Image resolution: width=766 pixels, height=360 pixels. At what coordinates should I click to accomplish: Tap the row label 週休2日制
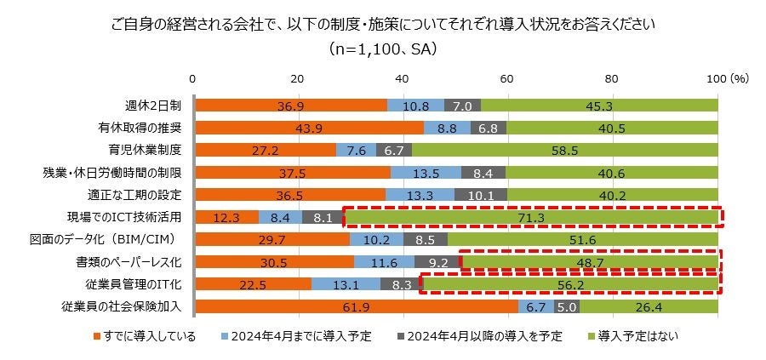coord(153,106)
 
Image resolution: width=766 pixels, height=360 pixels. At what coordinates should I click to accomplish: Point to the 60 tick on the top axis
coord(507,77)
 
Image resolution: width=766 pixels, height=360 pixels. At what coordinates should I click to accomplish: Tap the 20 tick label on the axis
coord(299,77)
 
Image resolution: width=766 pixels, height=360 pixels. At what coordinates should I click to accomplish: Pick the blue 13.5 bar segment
coord(426,173)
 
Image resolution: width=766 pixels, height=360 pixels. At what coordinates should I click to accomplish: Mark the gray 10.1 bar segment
coord(480,195)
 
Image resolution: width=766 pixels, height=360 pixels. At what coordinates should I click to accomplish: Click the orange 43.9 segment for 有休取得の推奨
coord(310,128)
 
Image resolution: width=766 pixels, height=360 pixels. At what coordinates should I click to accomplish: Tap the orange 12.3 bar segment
coord(227,219)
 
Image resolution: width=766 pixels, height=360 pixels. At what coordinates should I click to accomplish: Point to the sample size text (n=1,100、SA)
coord(383,49)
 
